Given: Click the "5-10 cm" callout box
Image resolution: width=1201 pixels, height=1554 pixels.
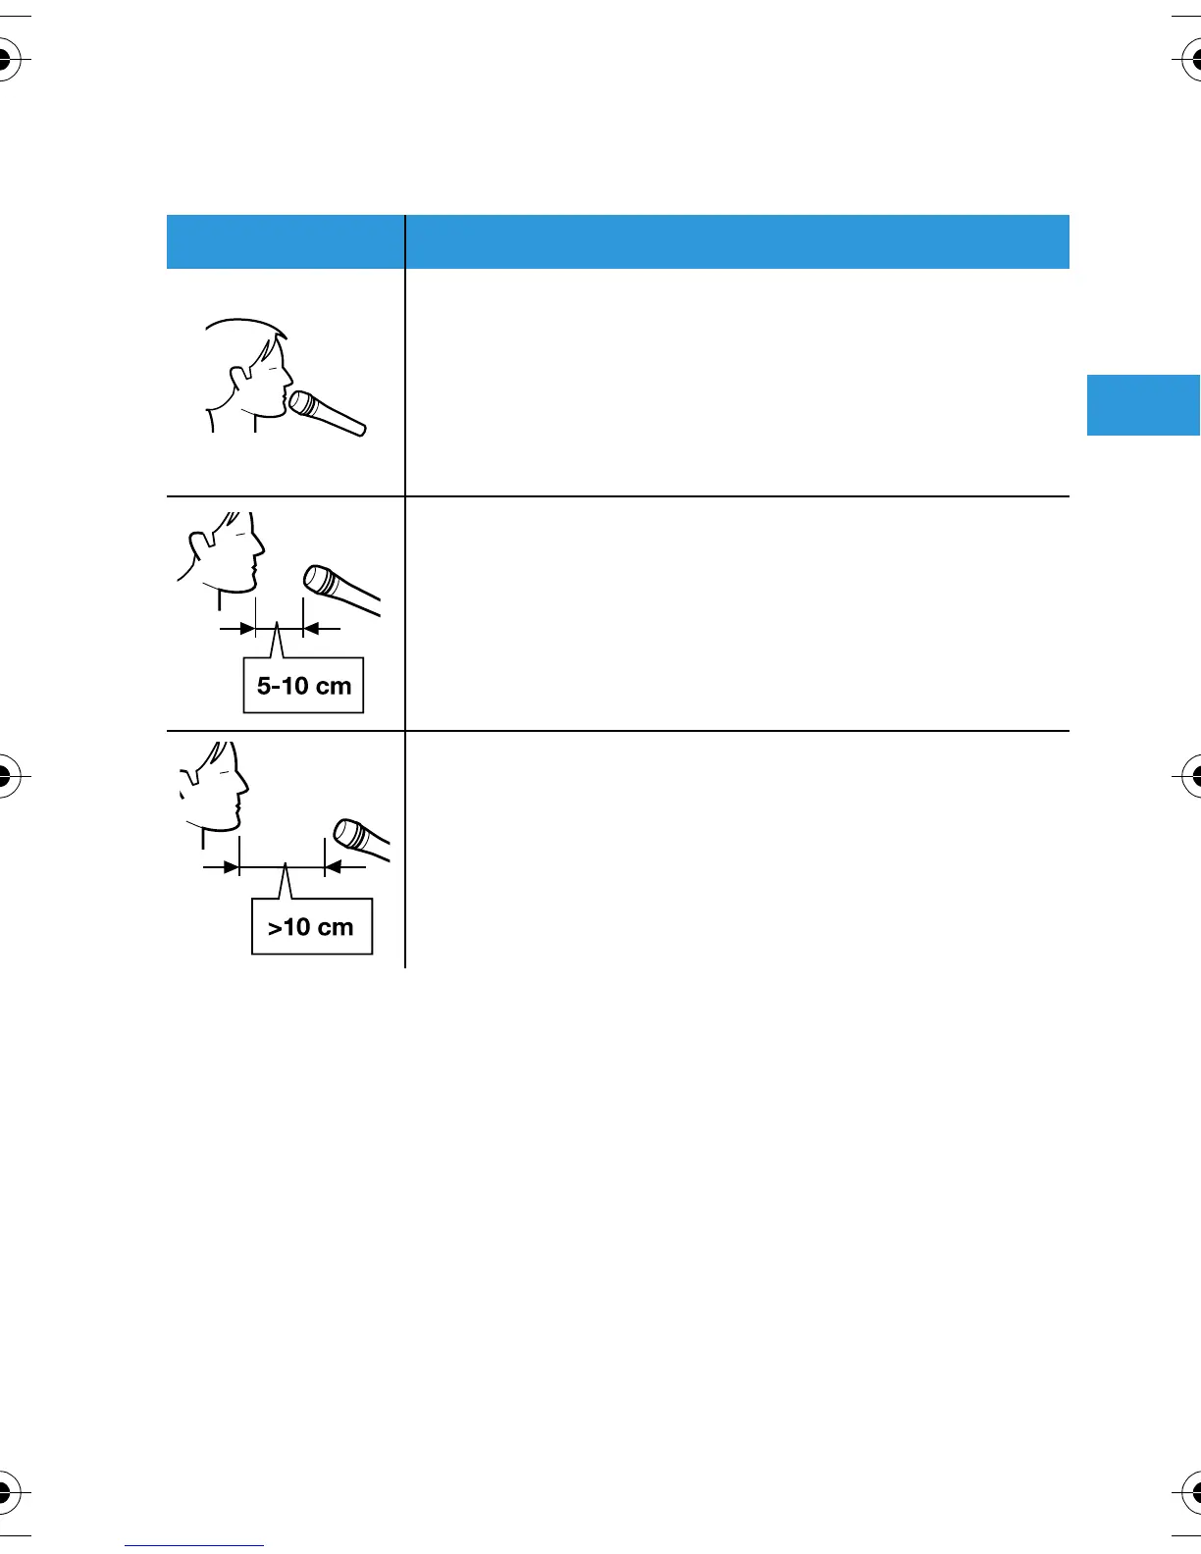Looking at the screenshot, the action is tap(303, 685).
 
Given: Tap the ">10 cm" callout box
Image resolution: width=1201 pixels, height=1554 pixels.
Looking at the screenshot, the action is tap(312, 926).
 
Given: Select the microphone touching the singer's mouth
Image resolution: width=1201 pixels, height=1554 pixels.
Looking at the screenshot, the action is tap(327, 413).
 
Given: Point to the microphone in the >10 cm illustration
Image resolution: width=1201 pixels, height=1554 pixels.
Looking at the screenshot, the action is tap(360, 838).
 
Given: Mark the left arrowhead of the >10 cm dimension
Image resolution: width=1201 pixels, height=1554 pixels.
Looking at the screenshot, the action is tap(231, 867).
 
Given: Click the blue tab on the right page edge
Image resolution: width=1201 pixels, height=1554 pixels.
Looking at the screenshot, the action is tap(1143, 404).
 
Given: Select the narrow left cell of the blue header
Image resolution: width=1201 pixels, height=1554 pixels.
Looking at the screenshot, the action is tap(286, 241).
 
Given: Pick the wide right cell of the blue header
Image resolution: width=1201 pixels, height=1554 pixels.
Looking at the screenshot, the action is tap(737, 241).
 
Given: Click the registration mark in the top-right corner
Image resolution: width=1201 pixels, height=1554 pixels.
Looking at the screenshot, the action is tap(1196, 61).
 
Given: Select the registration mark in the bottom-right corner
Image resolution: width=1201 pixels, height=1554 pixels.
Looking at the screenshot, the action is tap(1196, 1492).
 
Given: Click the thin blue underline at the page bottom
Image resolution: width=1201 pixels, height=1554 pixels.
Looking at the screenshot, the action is tap(194, 1545).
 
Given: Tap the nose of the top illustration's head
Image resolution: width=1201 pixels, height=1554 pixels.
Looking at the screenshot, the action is tap(290, 375).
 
